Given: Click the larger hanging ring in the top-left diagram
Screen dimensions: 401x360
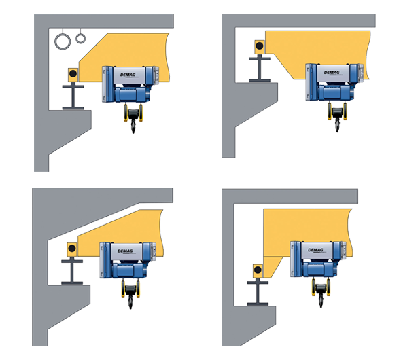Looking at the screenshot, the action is pyautogui.click(x=55, y=41).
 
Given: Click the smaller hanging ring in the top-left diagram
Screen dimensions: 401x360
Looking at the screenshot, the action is pyautogui.click(x=76, y=39).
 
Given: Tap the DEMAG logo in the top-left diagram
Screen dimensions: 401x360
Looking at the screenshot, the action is pyautogui.click(x=128, y=75).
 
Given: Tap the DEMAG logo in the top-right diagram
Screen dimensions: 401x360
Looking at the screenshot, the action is pyautogui.click(x=332, y=73).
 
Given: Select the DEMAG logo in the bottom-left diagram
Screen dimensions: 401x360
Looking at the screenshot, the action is pyautogui.click(x=125, y=251).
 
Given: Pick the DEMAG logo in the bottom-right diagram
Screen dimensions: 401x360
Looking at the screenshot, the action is pyautogui.click(x=315, y=250).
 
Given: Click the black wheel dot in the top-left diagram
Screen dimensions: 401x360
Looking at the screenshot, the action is pyautogui.click(x=73, y=74).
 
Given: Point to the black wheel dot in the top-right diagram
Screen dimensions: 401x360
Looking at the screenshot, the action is pyautogui.click(x=260, y=46).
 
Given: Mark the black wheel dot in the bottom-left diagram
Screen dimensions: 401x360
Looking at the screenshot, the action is pyautogui.click(x=72, y=248).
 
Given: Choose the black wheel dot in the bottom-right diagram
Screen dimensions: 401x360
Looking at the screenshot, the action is pyautogui.click(x=258, y=270).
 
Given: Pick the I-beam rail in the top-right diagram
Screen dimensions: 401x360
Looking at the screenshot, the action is pyautogui.click(x=260, y=69).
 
